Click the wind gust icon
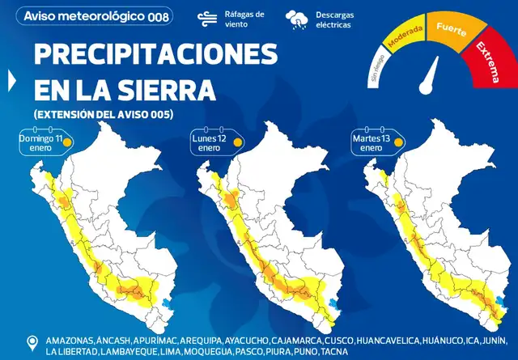206,19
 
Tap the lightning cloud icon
297,19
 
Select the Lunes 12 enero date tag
215,143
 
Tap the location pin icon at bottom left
33,343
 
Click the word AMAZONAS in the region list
70,339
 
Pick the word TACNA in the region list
333,352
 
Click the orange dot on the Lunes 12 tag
238,143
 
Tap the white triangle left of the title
11,79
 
